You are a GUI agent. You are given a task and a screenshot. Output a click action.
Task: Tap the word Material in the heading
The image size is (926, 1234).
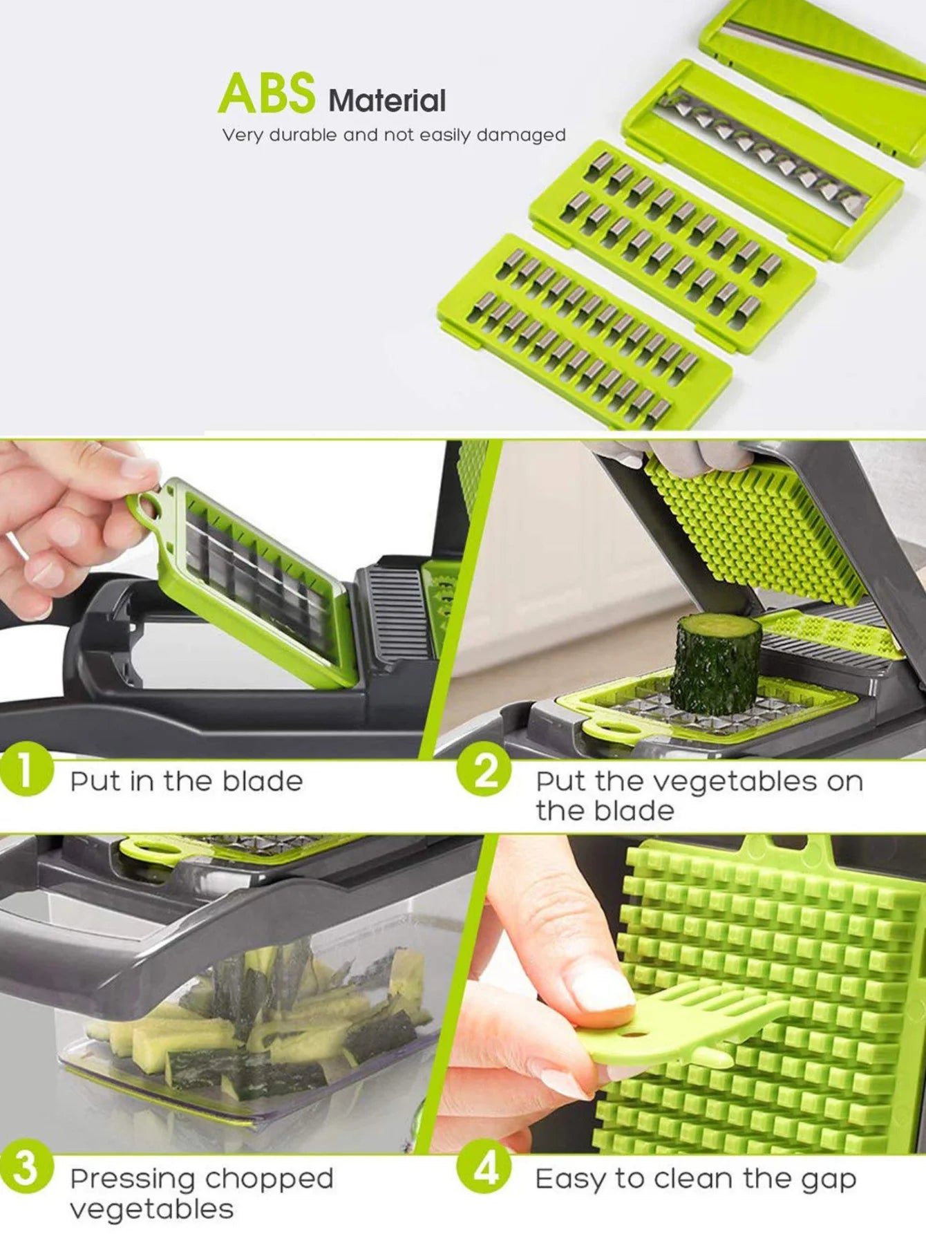coord(388,101)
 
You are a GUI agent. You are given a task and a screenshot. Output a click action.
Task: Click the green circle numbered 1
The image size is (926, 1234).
coord(26,769)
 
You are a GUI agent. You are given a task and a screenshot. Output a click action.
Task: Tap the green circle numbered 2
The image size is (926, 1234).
coord(484,769)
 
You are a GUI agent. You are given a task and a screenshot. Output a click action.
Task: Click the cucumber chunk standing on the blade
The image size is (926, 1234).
coord(716,664)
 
